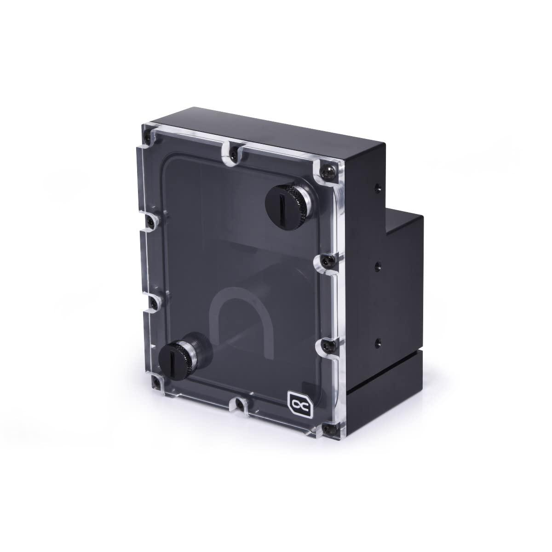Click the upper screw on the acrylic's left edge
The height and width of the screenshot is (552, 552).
click(x=151, y=222)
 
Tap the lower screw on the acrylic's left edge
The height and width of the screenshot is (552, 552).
click(x=154, y=301)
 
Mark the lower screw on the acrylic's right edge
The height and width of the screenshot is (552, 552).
click(x=326, y=345)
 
